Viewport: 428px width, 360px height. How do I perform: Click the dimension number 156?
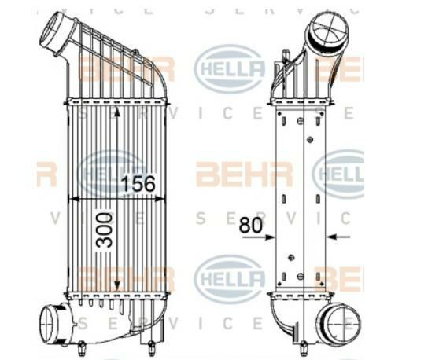tap(138, 184)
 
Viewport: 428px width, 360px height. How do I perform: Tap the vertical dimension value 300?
tap(102, 230)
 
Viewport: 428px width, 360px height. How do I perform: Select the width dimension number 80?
tap(250, 223)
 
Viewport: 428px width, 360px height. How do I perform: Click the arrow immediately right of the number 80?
tap(267, 236)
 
